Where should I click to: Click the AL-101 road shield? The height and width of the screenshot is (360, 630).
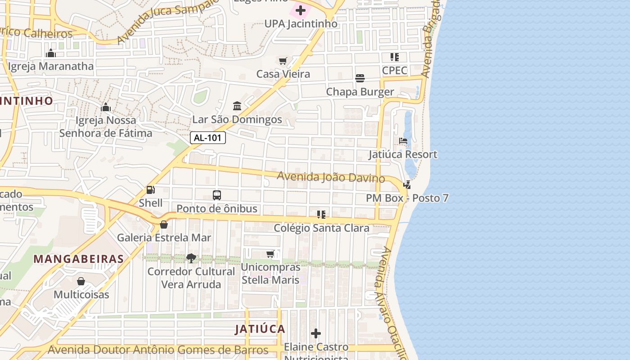(x=208, y=138)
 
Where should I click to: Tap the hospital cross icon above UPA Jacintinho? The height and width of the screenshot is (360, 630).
(x=300, y=10)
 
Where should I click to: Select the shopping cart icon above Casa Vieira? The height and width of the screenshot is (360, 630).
(x=283, y=61)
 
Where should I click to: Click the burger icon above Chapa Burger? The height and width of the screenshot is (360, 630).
(x=360, y=78)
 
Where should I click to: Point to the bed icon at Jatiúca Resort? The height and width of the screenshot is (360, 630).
(x=403, y=141)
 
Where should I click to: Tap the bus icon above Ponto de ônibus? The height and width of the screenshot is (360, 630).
(x=217, y=195)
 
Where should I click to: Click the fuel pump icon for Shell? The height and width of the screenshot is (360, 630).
(x=150, y=190)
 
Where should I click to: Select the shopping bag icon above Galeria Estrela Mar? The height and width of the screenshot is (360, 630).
(x=164, y=224)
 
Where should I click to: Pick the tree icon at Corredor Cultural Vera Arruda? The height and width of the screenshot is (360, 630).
(x=191, y=258)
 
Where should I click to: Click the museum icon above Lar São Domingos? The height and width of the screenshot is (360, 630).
(x=237, y=106)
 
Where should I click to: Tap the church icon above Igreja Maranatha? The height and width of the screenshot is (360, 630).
(x=51, y=53)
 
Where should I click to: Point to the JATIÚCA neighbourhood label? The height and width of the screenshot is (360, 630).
(x=260, y=329)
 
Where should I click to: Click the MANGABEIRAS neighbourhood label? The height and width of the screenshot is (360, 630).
(x=79, y=259)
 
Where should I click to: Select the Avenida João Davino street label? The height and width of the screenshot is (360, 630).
(x=331, y=177)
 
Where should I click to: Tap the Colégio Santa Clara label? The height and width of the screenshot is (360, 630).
(x=322, y=228)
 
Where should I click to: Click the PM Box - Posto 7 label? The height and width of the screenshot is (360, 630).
(x=407, y=198)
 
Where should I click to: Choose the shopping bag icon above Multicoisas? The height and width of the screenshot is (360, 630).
(x=81, y=282)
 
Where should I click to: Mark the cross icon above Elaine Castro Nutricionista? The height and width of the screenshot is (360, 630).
(x=316, y=333)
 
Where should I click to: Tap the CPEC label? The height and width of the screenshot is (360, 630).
(x=395, y=70)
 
